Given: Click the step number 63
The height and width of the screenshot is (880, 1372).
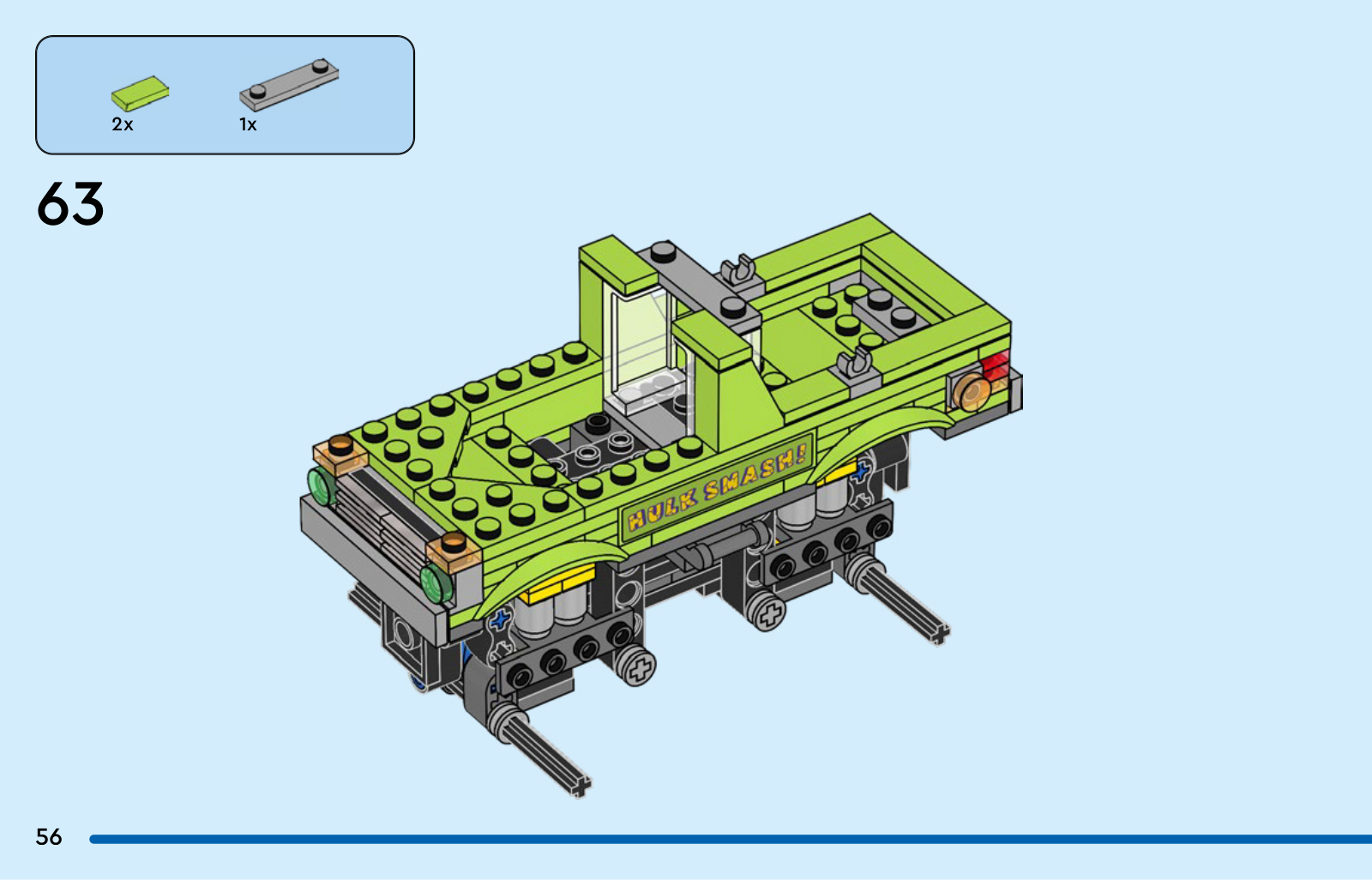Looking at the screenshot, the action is click(70, 203).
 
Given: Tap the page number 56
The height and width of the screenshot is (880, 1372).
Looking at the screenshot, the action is click(49, 836).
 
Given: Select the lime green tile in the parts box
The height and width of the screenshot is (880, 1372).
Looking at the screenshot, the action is click(141, 93).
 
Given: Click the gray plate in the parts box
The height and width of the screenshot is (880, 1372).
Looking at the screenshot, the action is click(289, 85).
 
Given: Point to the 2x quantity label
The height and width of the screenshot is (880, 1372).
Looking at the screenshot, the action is click(123, 124).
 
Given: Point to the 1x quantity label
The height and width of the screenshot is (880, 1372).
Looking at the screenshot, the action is click(248, 124).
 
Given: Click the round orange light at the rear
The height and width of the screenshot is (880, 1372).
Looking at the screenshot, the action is click(972, 391).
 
